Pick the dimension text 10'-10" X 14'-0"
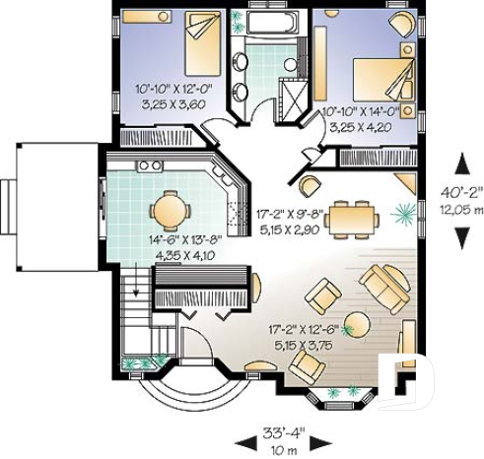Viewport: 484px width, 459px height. (x=362, y=115)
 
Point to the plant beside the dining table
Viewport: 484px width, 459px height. (x=402, y=212)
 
